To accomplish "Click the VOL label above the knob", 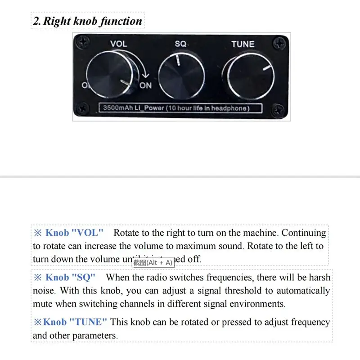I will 119,44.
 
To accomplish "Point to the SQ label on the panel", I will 180,44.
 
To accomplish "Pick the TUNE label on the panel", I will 243,44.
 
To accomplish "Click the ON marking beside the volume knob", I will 146,85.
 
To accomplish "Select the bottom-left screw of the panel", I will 83,108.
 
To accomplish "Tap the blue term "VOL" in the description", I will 88,233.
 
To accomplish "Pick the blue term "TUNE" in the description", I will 89,322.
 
